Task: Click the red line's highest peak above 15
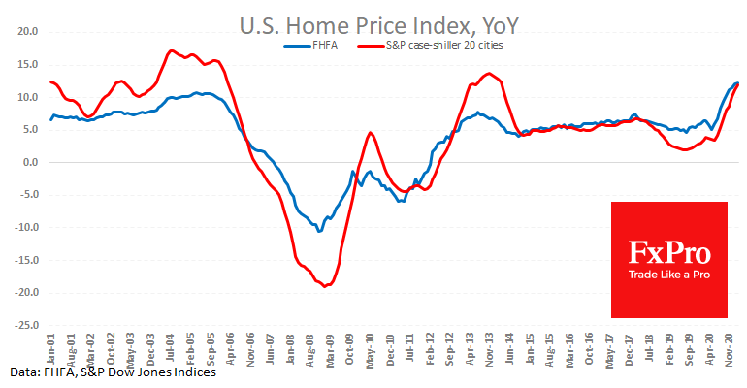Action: click(x=171, y=50)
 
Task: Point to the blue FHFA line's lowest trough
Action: click(x=319, y=231)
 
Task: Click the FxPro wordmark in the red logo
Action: click(x=668, y=255)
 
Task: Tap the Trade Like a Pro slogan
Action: click(x=668, y=281)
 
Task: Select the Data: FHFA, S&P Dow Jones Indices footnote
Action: click(x=114, y=372)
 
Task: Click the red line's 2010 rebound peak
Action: click(x=371, y=132)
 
